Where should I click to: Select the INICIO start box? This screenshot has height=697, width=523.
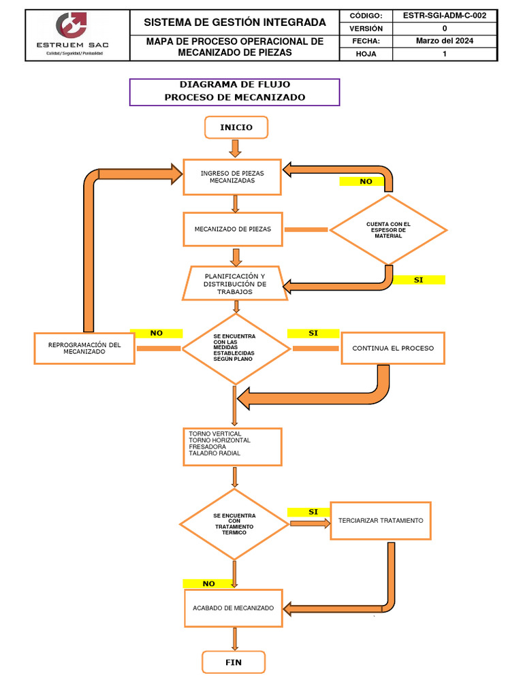[236, 127]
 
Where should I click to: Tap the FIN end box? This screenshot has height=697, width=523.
[234, 662]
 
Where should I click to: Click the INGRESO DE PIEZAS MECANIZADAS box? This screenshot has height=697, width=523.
[232, 177]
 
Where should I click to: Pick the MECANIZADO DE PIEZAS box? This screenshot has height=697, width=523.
[233, 229]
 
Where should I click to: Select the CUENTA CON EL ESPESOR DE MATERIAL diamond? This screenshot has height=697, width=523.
[388, 230]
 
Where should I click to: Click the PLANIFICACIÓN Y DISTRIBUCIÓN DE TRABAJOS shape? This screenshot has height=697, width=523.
[235, 283]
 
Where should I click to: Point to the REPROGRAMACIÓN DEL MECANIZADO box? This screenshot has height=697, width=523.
[84, 348]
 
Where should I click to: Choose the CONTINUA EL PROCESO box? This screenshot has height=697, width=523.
[393, 348]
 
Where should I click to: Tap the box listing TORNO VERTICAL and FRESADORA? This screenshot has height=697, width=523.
[232, 447]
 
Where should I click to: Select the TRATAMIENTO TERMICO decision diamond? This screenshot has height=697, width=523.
[234, 524]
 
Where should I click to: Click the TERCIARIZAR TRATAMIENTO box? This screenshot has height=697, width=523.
[381, 521]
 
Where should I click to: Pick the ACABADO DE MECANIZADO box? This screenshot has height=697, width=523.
[233, 608]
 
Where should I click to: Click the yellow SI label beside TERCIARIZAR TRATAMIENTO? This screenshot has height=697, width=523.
[313, 512]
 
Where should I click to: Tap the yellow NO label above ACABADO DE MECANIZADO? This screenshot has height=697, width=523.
[208, 583]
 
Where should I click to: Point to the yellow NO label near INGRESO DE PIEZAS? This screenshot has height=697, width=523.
[366, 182]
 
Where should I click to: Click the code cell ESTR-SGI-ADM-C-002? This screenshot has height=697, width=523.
[445, 16]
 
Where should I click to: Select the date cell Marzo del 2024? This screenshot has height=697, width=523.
[445, 41]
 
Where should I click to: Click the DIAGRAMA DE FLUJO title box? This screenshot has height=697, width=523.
[234, 91]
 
